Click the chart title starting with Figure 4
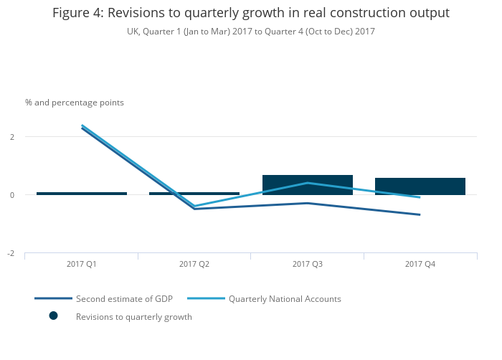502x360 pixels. tap(251, 13)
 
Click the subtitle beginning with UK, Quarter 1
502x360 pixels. tap(251, 32)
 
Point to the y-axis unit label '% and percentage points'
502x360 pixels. tap(75, 103)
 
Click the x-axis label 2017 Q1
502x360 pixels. tap(82, 265)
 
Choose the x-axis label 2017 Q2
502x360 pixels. tap(194, 265)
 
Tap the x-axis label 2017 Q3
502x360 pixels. tap(308, 265)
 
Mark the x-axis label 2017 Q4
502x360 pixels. tap(420, 265)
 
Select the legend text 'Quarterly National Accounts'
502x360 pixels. tap(285, 298)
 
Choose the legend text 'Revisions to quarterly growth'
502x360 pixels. tap(134, 316)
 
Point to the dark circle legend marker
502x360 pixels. tap(53, 316)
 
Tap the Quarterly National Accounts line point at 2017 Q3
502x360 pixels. tap(308, 183)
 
